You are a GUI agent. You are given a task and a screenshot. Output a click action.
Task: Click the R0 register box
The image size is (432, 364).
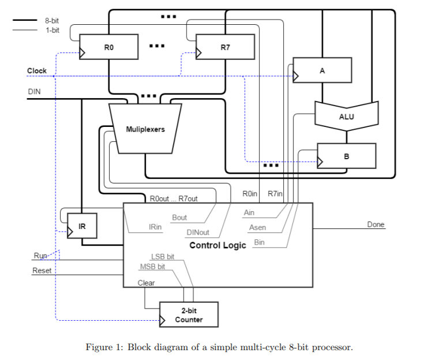109,47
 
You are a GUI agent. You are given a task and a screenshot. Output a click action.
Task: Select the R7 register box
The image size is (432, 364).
226,47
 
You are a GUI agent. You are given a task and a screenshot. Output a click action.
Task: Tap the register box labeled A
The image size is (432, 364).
322,70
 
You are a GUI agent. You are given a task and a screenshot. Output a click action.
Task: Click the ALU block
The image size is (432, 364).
346,115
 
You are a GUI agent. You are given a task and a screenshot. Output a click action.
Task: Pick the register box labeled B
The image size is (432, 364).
347,156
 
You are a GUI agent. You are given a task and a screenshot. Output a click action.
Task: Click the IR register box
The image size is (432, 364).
82,226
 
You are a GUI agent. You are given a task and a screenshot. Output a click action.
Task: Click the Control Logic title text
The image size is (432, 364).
217,245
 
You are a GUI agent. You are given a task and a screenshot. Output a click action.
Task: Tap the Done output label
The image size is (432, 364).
375,224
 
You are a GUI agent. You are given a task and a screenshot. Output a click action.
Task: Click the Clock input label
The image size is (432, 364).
37,71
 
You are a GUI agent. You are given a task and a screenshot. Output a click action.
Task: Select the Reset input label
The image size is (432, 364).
42,270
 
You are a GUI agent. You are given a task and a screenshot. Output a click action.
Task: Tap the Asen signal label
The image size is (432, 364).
257,227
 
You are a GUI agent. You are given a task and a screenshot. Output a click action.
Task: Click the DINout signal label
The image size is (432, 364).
198,233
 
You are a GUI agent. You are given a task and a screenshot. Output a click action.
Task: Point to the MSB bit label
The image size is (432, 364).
152,267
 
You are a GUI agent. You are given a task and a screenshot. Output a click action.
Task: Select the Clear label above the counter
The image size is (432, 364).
146,283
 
